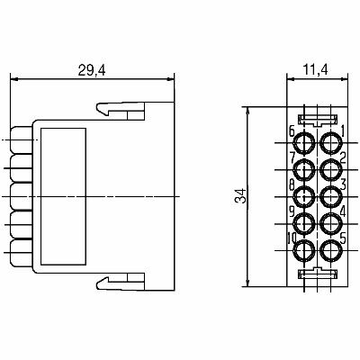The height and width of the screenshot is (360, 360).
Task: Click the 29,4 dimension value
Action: point(92,70)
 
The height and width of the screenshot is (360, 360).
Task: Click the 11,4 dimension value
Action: point(315,69)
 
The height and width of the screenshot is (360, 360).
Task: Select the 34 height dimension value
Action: point(241,196)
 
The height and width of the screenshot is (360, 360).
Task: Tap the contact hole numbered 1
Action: point(331,142)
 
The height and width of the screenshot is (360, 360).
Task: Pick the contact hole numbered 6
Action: point(304,142)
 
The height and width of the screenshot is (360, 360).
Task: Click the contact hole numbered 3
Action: point(331,197)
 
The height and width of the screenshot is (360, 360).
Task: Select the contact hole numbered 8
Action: point(304,197)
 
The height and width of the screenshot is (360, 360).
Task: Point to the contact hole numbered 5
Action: point(331,251)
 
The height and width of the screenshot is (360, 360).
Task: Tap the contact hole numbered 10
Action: point(304,251)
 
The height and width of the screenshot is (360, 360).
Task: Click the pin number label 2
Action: point(343,157)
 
